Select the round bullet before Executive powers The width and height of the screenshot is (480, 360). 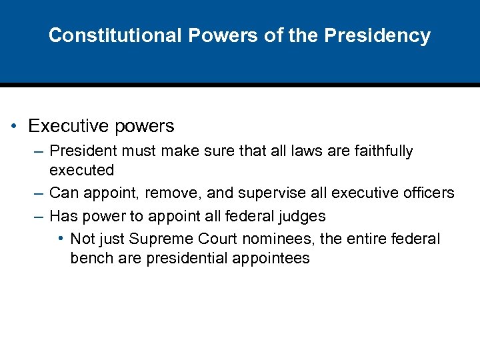(x=14, y=127)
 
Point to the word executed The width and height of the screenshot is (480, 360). (x=82, y=170)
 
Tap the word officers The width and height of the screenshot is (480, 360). (x=427, y=193)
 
